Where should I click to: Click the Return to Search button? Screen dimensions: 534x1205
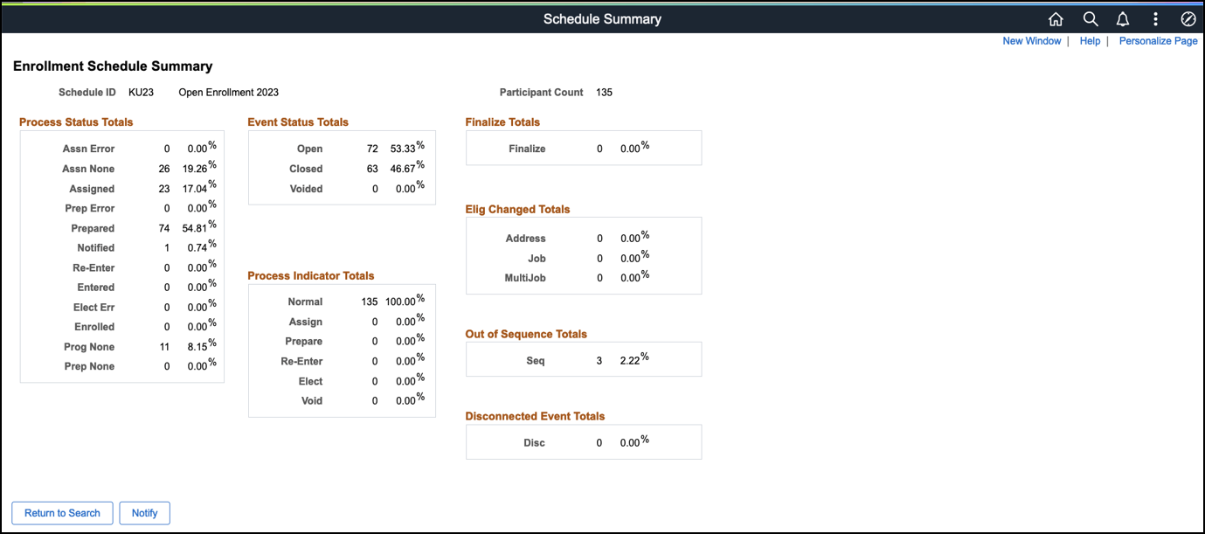coord(62,513)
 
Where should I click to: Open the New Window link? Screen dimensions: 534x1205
coord(1031,41)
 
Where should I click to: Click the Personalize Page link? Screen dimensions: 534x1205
coord(1158,41)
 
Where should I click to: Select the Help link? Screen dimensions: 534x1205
coord(1090,41)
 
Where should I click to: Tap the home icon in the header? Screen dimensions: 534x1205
coord(1056,19)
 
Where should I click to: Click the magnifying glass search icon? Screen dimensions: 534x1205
coord(1090,19)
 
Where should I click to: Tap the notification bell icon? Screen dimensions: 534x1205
coord(1123,19)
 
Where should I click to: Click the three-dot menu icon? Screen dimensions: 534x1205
coord(1155,19)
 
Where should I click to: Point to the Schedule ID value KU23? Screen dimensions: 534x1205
coord(141,92)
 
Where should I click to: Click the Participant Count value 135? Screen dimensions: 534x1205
coord(604,92)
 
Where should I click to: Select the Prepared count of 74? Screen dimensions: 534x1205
coord(163,229)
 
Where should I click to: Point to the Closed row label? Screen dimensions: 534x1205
coord(306,170)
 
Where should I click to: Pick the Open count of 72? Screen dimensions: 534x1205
coord(372,149)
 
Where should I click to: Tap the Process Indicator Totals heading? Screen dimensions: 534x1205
coord(310,276)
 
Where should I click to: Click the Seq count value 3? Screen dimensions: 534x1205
coord(599,361)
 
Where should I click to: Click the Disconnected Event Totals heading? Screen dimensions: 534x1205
coord(535,417)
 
